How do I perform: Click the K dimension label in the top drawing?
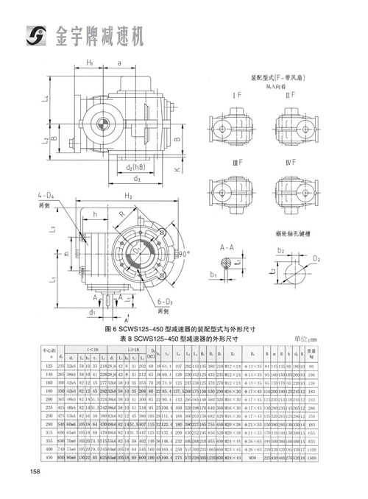tap(177, 169)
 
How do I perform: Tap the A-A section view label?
tap(227, 249)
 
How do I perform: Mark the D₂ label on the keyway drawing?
tap(316, 260)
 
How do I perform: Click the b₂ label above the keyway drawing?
tap(280, 250)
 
